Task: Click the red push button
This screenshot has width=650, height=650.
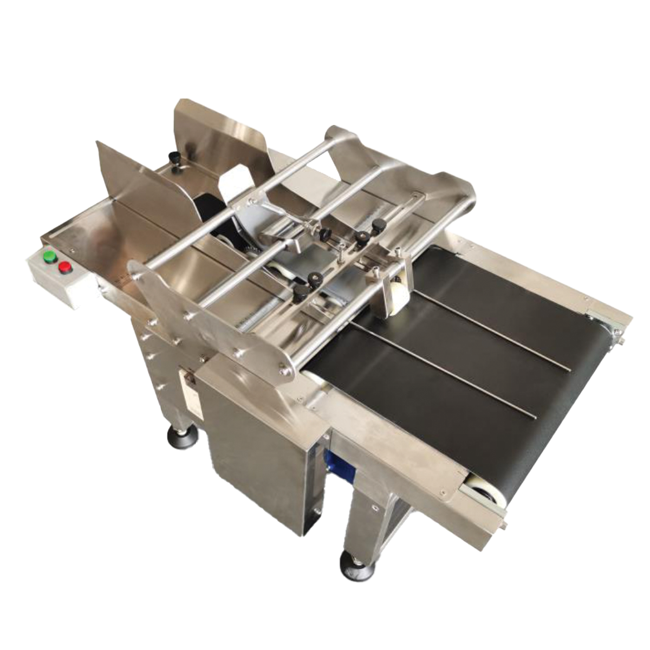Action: click(66, 266)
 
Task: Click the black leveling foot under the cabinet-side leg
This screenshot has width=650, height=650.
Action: click(182, 435)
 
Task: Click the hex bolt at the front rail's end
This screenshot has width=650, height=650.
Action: click(505, 524)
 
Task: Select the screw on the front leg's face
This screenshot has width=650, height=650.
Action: click(375, 507)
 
